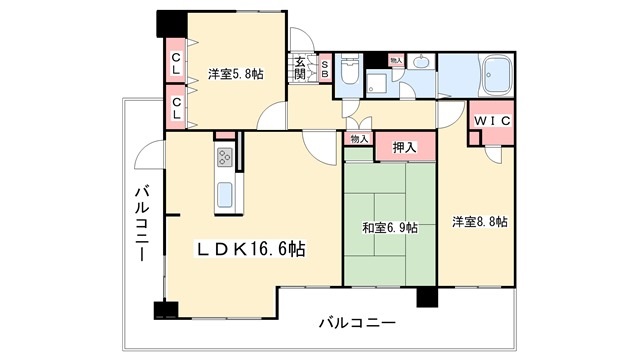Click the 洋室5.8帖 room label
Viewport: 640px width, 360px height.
(236, 74)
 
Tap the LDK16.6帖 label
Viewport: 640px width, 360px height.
(251, 249)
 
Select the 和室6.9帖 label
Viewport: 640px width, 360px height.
(390, 228)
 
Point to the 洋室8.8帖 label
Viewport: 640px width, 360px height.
(480, 222)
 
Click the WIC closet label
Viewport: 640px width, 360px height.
(492, 121)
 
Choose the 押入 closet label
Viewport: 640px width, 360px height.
(404, 147)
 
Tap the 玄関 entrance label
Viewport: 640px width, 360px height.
(300, 68)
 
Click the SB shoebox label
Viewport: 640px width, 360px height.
(325, 69)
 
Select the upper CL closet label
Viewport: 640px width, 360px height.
(176, 63)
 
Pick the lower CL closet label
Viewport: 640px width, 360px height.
(176, 108)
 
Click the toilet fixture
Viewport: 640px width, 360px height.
(349, 69)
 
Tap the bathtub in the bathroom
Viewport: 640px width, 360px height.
(497, 76)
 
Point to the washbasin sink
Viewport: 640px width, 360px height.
(421, 62)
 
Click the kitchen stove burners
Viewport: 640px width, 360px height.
(224, 157)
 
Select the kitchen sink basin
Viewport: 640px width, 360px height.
(224, 194)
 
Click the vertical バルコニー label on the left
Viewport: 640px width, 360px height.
(142, 223)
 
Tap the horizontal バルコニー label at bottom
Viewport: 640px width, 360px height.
(357, 323)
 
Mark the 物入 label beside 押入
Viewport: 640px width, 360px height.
(359, 139)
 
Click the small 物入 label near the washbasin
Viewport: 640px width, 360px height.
(396, 60)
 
